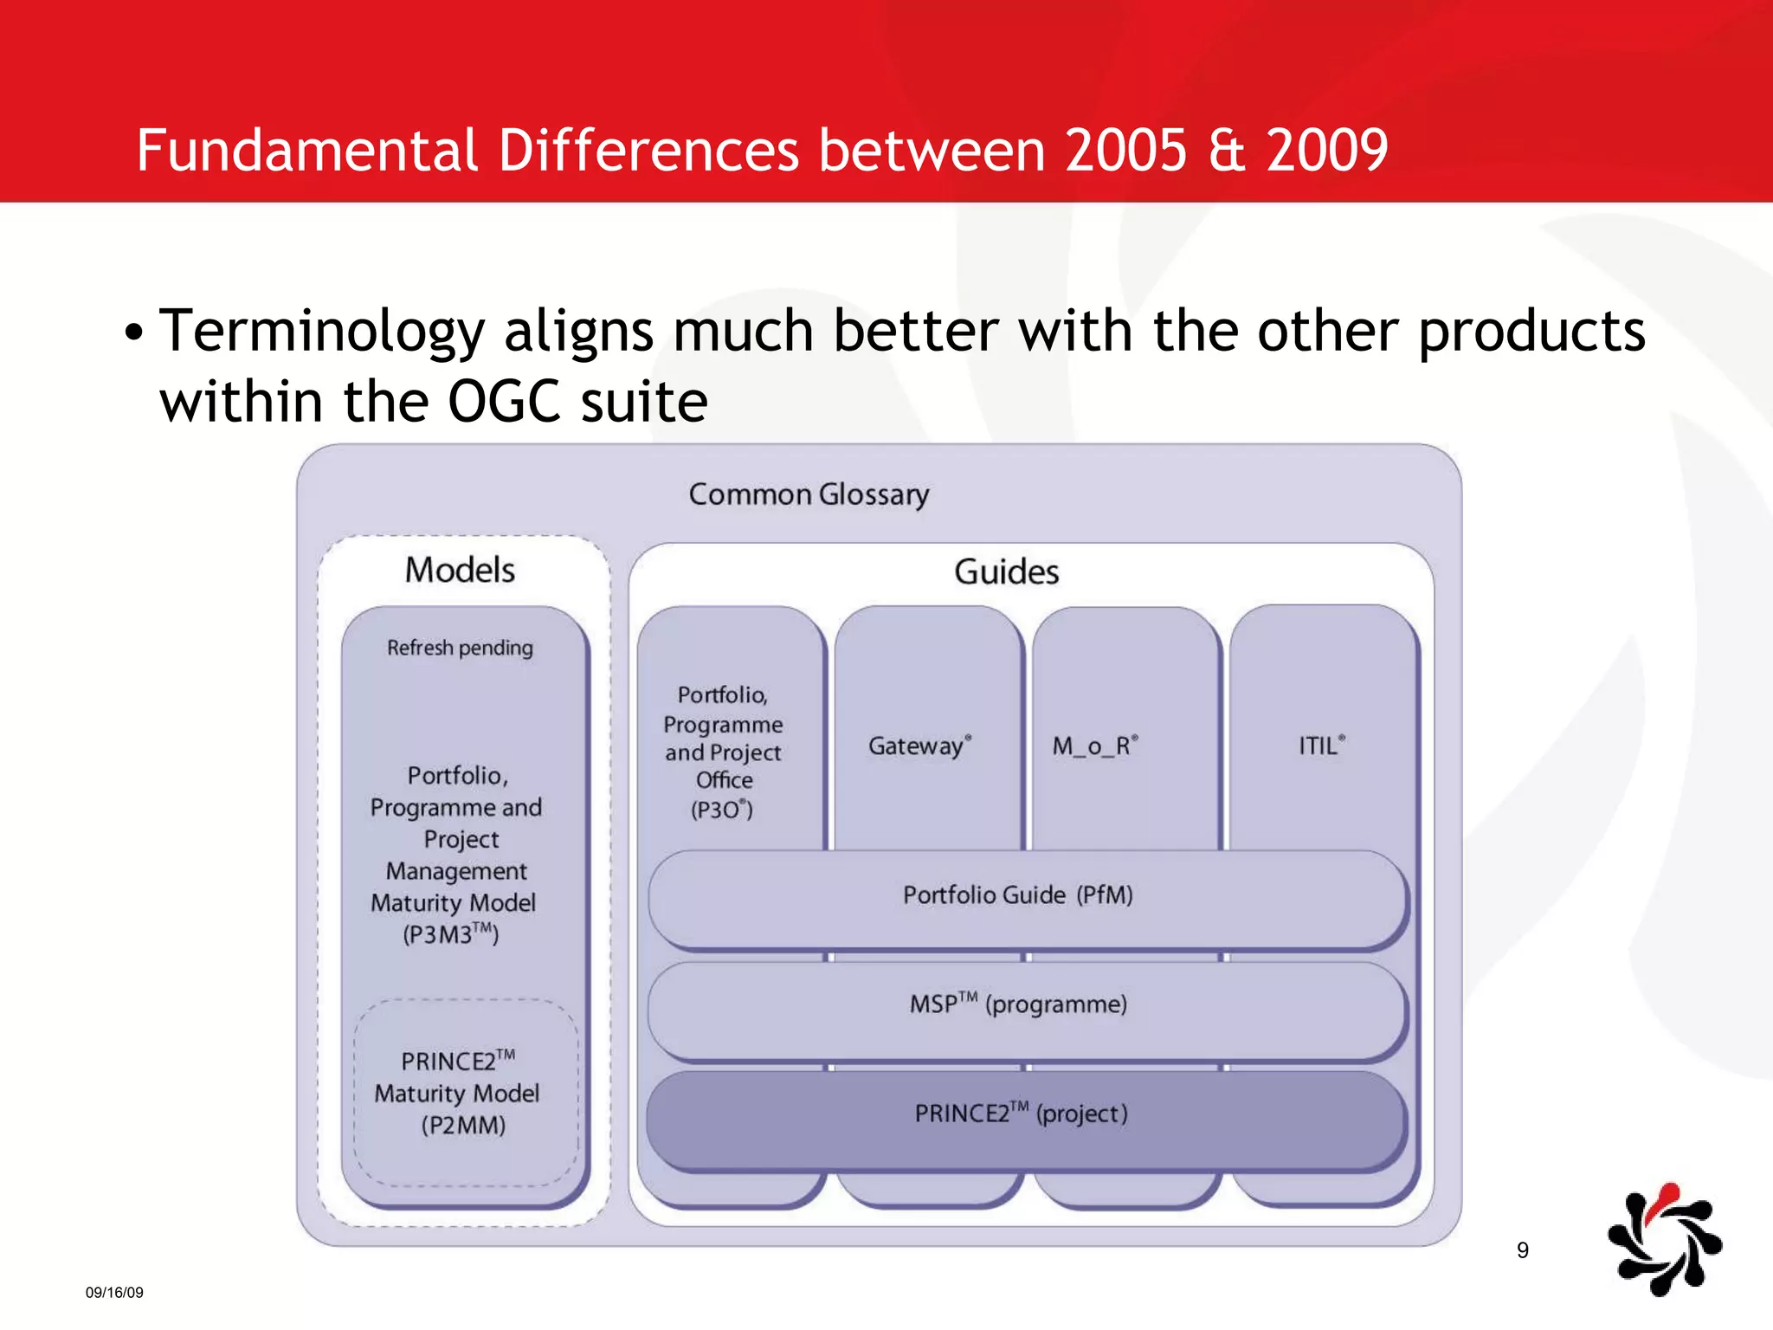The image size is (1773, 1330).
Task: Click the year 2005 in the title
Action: [x=1125, y=150]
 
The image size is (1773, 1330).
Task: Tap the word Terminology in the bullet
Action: [x=322, y=331]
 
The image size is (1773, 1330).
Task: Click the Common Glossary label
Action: [x=809, y=494]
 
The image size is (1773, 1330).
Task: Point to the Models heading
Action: [x=460, y=570]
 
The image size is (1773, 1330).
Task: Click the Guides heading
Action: [x=1006, y=571]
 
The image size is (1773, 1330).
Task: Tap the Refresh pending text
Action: [x=460, y=648]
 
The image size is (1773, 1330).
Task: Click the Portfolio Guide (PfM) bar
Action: [x=1018, y=895]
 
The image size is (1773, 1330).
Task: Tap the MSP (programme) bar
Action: [x=1018, y=1004]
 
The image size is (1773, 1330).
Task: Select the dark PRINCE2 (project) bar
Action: [x=1022, y=1114]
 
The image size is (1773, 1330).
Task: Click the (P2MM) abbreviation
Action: [x=463, y=1126]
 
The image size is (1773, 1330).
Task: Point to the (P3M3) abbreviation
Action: [x=451, y=934]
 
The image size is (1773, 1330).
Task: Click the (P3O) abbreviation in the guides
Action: [x=722, y=810]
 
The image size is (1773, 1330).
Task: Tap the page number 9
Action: [x=1523, y=1250]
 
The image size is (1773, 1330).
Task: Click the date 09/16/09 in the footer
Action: [x=114, y=1293]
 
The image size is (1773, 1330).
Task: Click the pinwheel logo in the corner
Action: [x=1664, y=1241]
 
